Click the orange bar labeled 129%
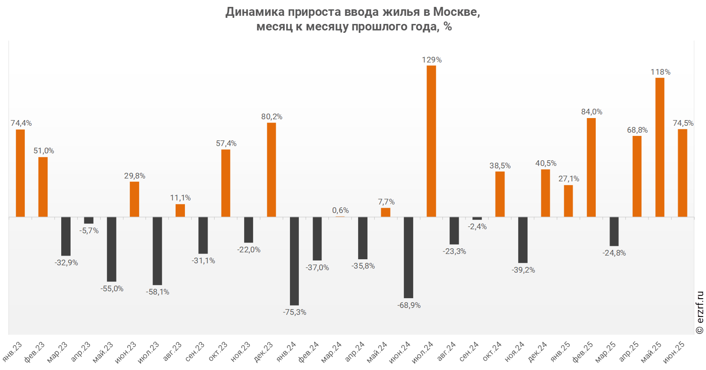(x=431, y=141)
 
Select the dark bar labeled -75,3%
(x=294, y=261)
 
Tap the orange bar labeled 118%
(x=660, y=147)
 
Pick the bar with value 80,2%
(x=271, y=170)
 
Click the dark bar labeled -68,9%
(x=408, y=257)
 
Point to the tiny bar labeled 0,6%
(x=340, y=217)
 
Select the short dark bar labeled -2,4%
(x=477, y=218)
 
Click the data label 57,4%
(x=226, y=143)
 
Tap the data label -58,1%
(x=157, y=292)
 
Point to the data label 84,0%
(x=591, y=112)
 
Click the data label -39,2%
(x=523, y=270)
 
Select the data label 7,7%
(x=386, y=202)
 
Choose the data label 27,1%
(x=569, y=179)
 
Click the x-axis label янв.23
(x=13, y=351)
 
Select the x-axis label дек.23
(x=264, y=351)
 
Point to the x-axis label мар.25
(x=606, y=351)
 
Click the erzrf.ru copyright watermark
(x=700, y=312)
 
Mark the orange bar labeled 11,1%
(x=180, y=210)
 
